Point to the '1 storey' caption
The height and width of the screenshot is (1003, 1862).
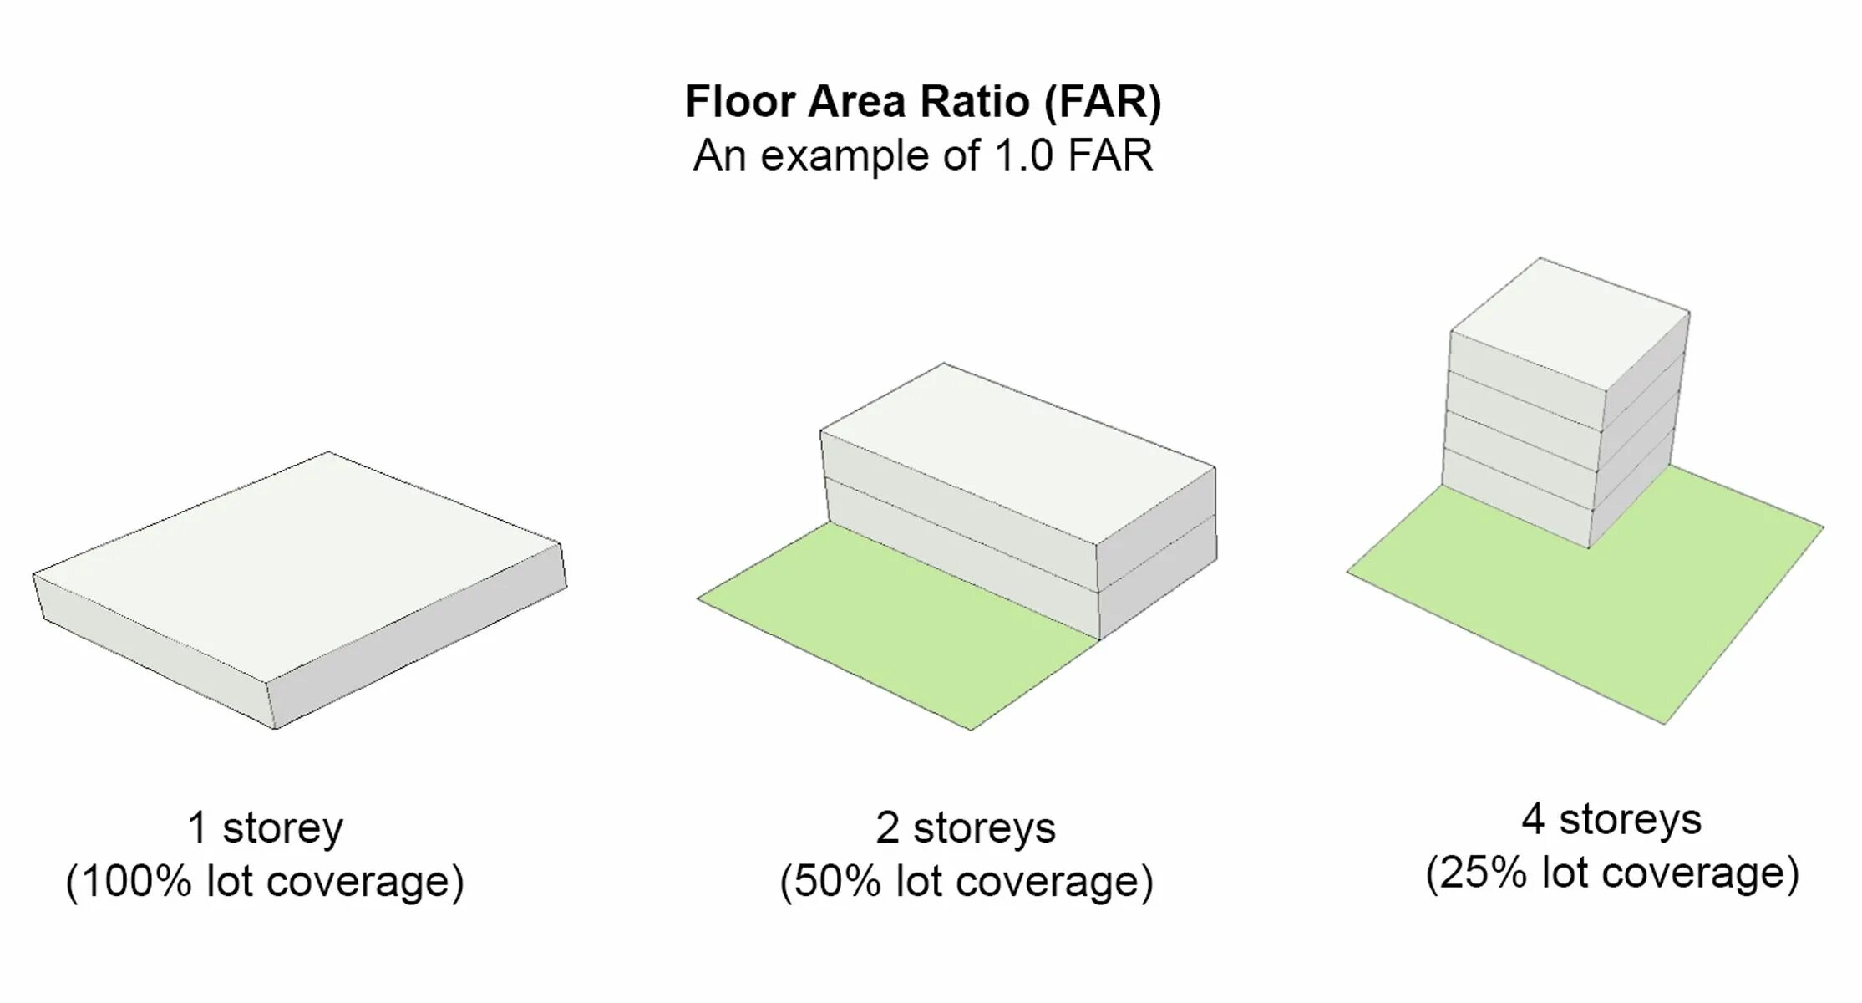point(265,827)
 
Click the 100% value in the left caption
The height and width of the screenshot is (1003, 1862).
point(137,881)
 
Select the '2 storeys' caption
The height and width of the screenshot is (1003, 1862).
point(965,827)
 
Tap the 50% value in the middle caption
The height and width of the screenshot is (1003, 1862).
point(837,881)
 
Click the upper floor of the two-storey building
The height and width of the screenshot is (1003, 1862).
point(961,497)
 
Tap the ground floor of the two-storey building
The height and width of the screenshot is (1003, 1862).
point(961,552)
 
